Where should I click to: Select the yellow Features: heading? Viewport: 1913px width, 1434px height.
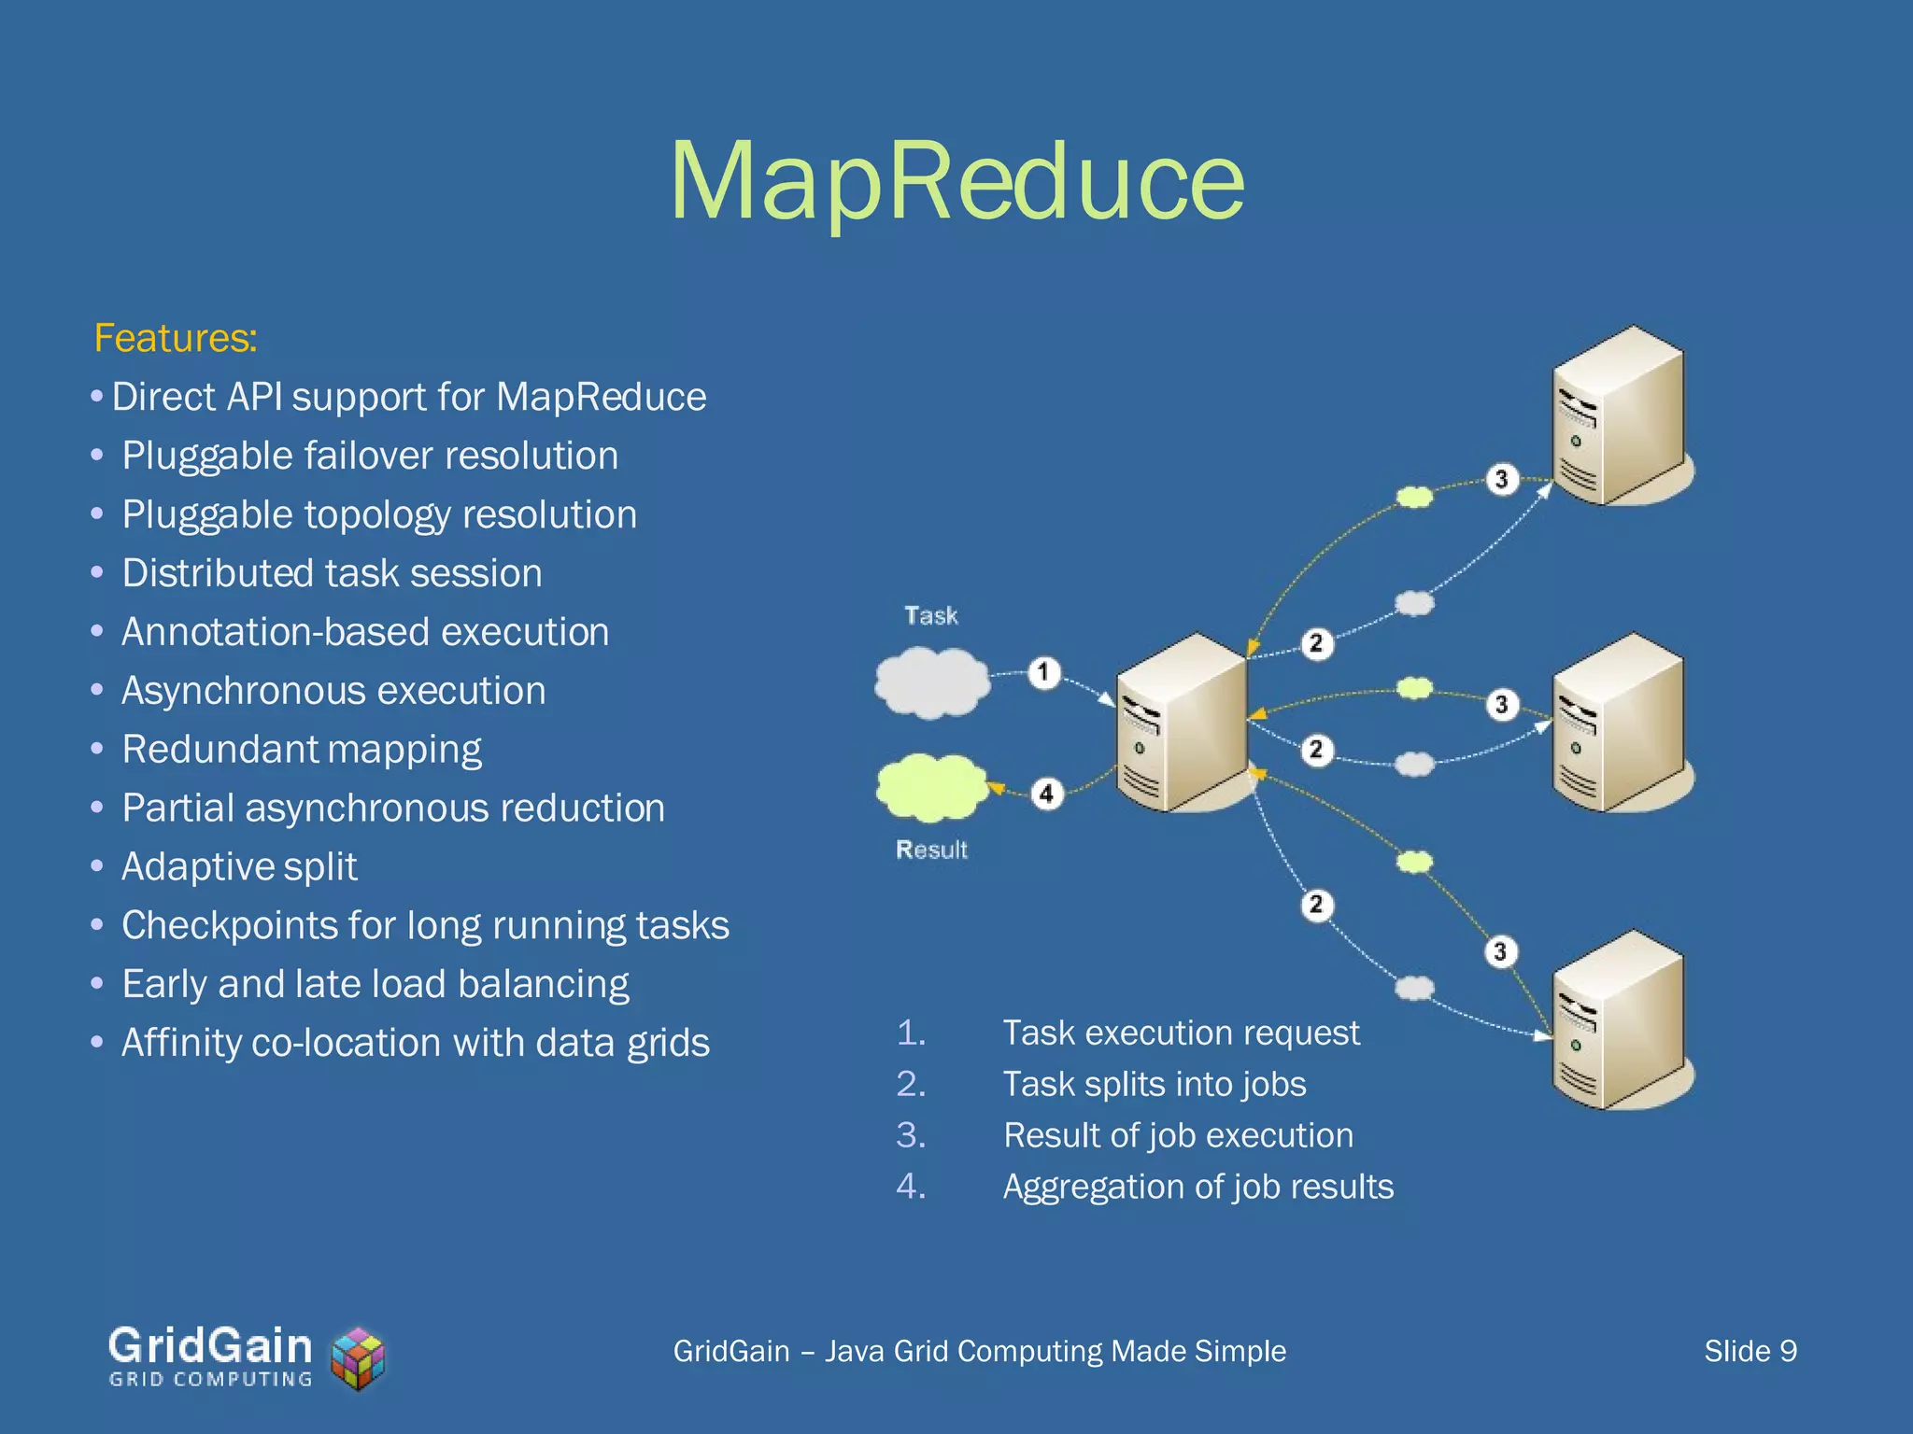[175, 338]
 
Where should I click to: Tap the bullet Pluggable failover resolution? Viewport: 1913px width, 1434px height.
[370, 456]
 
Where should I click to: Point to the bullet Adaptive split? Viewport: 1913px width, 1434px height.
[239, 866]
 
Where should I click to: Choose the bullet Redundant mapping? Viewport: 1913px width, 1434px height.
[301, 749]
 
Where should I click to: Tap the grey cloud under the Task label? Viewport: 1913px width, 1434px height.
[931, 683]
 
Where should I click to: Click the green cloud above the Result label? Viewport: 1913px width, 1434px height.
[931, 787]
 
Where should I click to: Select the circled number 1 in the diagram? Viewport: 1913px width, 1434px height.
[1044, 672]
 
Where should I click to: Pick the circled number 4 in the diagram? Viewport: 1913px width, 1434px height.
[1046, 794]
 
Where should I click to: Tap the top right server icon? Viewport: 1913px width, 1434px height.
[1621, 415]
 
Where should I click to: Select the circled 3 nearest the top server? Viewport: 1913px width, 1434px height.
[1501, 479]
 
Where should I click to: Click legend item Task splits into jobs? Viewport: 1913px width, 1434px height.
[1154, 1085]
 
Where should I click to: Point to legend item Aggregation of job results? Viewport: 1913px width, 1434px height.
[1197, 1187]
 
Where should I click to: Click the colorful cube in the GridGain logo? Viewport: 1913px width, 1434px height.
[358, 1358]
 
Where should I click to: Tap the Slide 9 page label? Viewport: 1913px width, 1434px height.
[1750, 1351]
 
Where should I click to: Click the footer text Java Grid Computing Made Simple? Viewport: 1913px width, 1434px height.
[1055, 1351]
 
